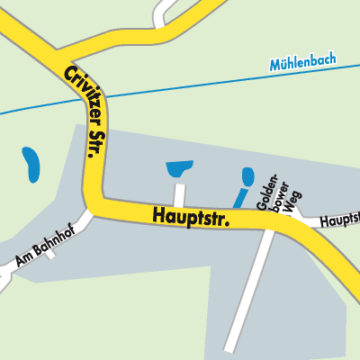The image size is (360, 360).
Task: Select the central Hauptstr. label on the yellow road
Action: tap(192, 216)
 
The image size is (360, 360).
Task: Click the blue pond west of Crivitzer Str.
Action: tap(31, 163)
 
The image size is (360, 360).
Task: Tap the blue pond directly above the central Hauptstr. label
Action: tap(180, 167)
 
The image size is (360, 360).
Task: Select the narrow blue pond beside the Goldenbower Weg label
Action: tap(242, 186)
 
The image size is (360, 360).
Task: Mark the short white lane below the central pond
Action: tap(179, 193)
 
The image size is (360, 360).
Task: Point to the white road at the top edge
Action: tap(162, 11)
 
